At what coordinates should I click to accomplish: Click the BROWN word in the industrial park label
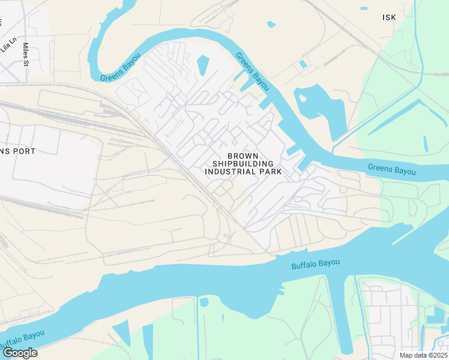pyautogui.click(x=243, y=155)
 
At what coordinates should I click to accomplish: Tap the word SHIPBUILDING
pyautogui.click(x=243, y=163)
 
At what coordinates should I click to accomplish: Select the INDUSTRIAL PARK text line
pyautogui.click(x=243, y=171)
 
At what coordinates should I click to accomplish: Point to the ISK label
pyautogui.click(x=389, y=17)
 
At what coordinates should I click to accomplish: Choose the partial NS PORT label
pyautogui.click(x=18, y=151)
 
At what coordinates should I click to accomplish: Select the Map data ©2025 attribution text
pyautogui.click(x=423, y=355)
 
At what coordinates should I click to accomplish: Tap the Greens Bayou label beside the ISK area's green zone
pyautogui.click(x=391, y=170)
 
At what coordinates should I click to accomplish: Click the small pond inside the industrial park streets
pyautogui.click(x=203, y=65)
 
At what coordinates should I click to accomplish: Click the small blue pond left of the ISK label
pyautogui.click(x=271, y=25)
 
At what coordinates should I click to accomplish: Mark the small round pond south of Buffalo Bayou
pyautogui.click(x=204, y=302)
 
